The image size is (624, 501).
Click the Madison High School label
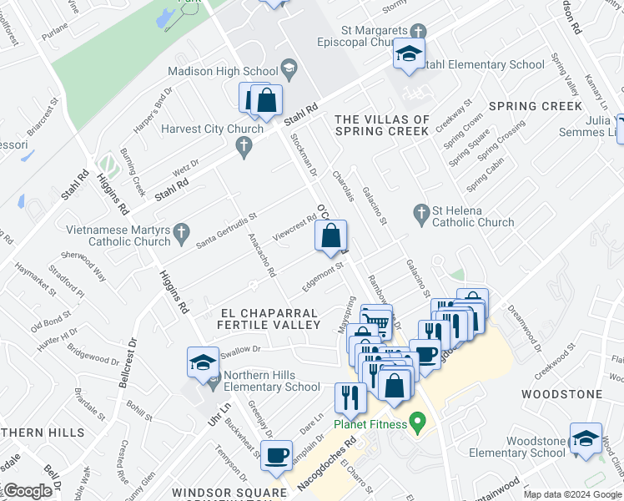(223, 71)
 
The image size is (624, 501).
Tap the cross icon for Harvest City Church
(244, 148)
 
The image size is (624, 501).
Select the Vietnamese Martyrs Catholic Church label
(118, 235)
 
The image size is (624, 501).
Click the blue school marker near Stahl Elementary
(409, 56)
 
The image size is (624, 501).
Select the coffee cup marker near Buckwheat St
(276, 458)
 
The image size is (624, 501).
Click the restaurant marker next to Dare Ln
(350, 399)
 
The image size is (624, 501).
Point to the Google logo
(28, 491)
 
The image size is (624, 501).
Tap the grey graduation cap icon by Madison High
(289, 67)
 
